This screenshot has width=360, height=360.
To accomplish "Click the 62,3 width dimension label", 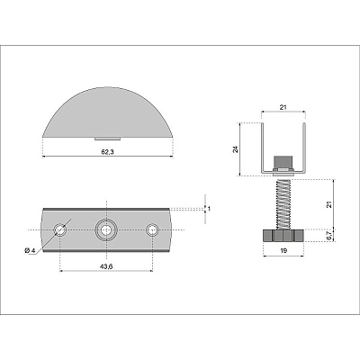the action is [107, 152].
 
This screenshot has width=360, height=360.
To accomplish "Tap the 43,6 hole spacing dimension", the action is [106, 266].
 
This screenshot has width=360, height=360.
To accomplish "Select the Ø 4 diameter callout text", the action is [30, 250].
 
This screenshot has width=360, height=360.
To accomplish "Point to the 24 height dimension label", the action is [236, 149].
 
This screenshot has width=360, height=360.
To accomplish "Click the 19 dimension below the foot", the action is [283, 250].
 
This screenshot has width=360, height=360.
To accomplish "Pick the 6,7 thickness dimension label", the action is [328, 235].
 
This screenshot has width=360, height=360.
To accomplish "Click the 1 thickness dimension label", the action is [209, 208].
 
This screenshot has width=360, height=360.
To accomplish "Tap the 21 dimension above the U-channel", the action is [283, 107].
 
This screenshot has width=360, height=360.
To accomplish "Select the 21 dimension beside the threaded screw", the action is [328, 204].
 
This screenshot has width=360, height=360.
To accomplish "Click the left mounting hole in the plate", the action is [60, 230].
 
